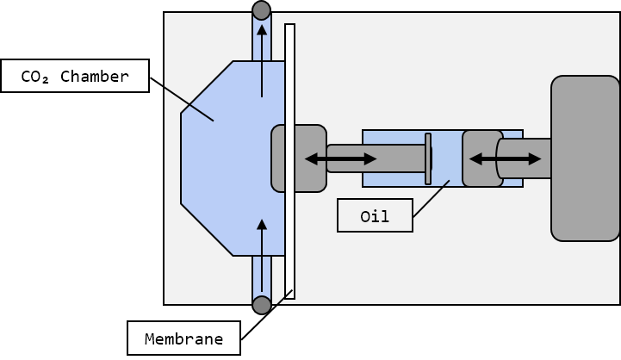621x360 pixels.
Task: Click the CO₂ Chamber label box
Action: pos(75,76)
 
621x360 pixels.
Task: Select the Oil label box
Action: pos(375,216)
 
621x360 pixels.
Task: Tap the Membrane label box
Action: pos(183,338)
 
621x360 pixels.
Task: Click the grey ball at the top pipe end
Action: pos(261,10)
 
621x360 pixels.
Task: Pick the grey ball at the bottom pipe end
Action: pos(261,305)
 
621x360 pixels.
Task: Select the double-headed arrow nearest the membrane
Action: pos(341,158)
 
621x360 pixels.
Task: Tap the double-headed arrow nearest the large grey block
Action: pos(505,158)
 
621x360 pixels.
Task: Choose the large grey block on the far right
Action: pos(585,158)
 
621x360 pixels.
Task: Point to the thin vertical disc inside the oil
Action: pos(427,158)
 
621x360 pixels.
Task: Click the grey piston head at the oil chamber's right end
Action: pos(481,158)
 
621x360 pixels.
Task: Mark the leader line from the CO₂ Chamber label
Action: pos(182,99)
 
